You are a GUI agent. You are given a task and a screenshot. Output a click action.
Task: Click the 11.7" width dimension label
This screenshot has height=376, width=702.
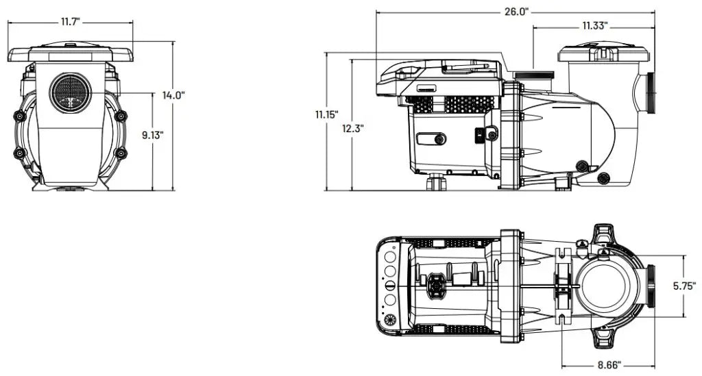[x=71, y=22]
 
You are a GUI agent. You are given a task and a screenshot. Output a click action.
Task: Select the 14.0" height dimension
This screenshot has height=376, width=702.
[x=173, y=96]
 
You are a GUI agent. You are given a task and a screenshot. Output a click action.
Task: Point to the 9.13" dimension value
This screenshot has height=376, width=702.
[x=152, y=135]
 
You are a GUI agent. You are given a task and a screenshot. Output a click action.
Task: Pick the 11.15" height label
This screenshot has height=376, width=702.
[x=326, y=114]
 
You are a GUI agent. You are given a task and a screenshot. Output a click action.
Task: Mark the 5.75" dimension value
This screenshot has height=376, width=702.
[x=684, y=285]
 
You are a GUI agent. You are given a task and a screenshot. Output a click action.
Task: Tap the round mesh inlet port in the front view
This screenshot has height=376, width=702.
[x=71, y=94]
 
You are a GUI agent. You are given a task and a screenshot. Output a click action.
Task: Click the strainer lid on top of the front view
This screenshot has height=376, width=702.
[x=71, y=52]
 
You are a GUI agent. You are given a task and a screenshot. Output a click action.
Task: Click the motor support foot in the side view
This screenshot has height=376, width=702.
[x=437, y=182]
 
